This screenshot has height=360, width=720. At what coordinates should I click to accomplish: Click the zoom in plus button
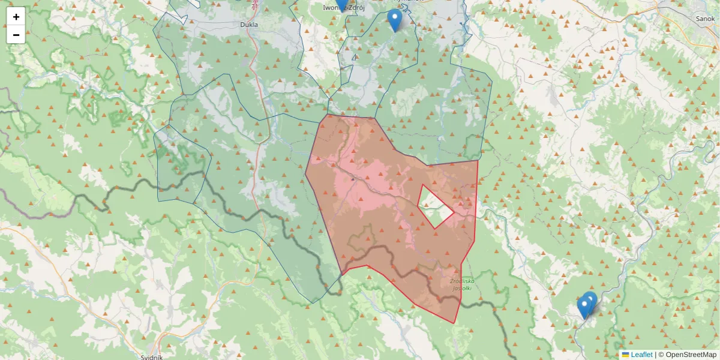(x=16, y=17)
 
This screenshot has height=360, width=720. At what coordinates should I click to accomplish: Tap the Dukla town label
(x=248, y=25)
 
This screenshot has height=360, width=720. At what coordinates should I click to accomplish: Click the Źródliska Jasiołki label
(x=462, y=284)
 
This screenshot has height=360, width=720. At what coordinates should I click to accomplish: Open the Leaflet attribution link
(x=641, y=355)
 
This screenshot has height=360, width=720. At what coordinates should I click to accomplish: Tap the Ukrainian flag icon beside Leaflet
(x=626, y=355)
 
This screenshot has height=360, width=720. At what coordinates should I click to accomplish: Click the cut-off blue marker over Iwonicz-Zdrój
(x=341, y=5)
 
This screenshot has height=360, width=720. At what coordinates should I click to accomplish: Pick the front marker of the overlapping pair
(x=584, y=307)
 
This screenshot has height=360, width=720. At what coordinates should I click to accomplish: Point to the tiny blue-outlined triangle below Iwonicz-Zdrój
(x=355, y=58)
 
